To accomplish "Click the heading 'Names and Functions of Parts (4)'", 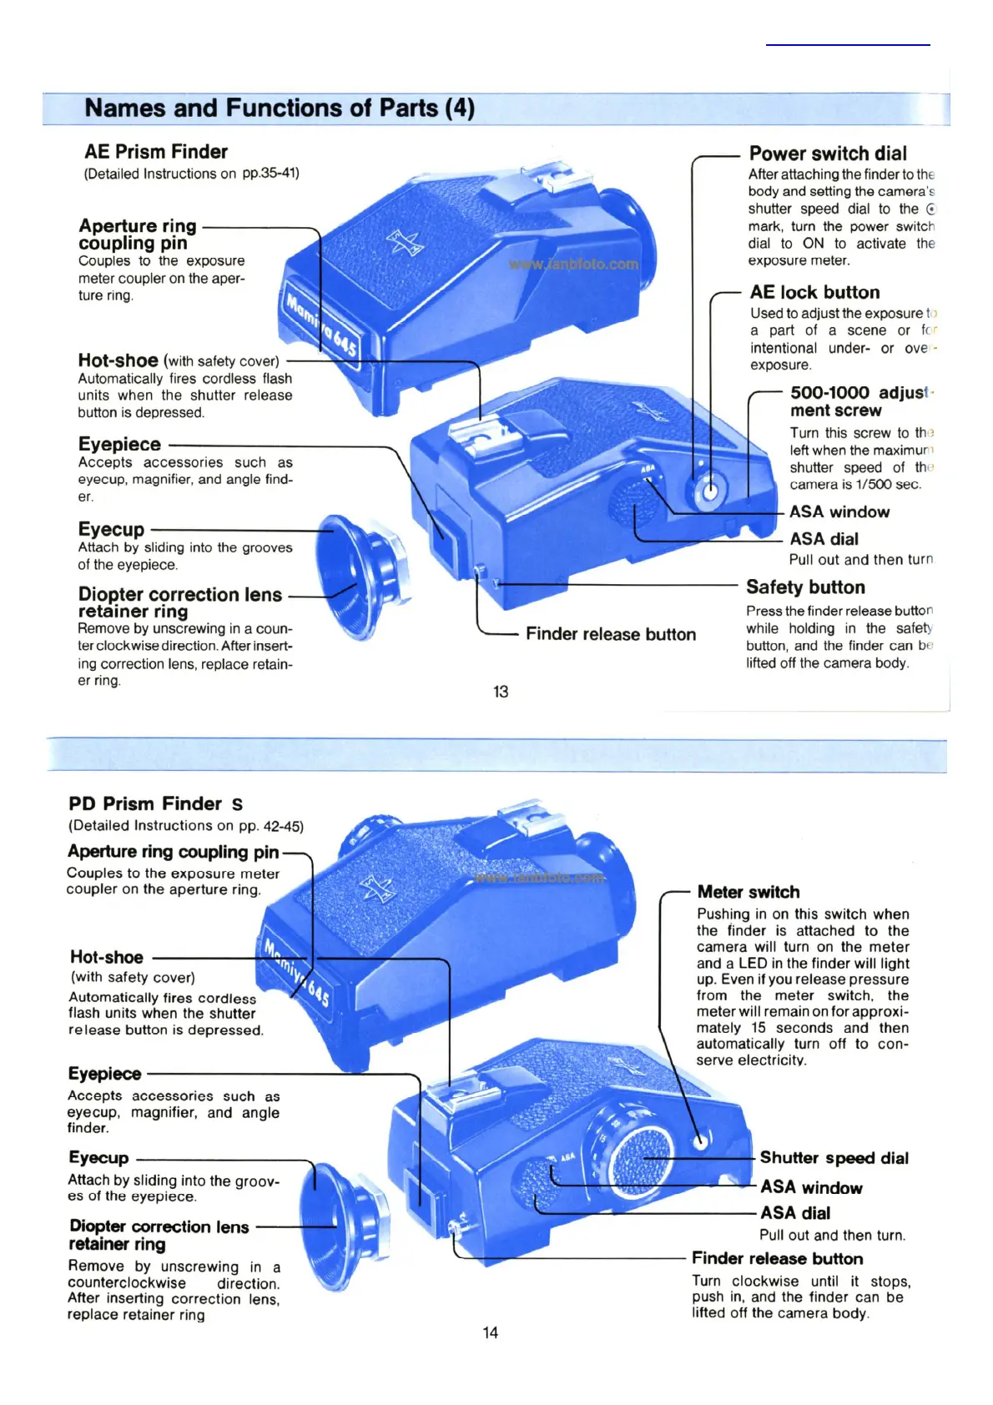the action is [280, 108].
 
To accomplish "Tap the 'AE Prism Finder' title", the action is [156, 152].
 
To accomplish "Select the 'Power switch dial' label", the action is [827, 154].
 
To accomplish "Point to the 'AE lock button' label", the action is [814, 293].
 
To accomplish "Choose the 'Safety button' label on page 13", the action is [805, 587].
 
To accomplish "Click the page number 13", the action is [501, 692].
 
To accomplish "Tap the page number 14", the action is [491, 1332].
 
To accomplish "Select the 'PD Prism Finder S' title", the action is [156, 804].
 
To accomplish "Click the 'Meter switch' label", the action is [749, 892].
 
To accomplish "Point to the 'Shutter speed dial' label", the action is [834, 1158].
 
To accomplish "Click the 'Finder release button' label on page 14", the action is [777, 1258].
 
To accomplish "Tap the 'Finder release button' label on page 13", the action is [611, 634].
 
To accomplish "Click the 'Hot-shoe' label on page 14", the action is [107, 957].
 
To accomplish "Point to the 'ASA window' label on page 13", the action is [839, 512].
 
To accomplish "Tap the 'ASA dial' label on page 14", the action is [795, 1213].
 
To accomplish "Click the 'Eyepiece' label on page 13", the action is [120, 445].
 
